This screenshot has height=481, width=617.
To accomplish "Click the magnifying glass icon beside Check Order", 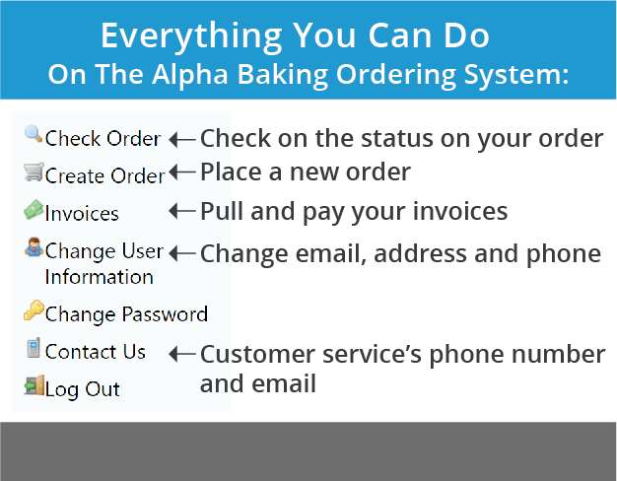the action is pyautogui.click(x=34, y=134).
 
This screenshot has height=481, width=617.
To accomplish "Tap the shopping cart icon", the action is pyautogui.click(x=34, y=172).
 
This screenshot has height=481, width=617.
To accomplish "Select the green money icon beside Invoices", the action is pyautogui.click(x=34, y=209).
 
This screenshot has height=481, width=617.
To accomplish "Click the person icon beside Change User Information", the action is pyautogui.click(x=34, y=247).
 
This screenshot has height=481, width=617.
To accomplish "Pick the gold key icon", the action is pyautogui.click(x=34, y=310).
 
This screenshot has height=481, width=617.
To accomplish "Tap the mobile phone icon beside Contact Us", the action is pyautogui.click(x=34, y=348).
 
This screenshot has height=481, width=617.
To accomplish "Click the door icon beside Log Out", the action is pyautogui.click(x=34, y=385).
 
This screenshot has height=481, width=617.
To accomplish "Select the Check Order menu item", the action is pyautogui.click(x=103, y=139).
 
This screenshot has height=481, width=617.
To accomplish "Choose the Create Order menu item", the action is pyautogui.click(x=104, y=175).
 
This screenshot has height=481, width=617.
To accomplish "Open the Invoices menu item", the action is pyautogui.click(x=82, y=214).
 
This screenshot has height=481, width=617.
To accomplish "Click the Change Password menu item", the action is pyautogui.click(x=126, y=314).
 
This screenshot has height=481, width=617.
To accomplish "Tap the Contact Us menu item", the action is pyautogui.click(x=96, y=352).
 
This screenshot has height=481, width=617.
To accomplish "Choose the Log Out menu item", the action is pyautogui.click(x=82, y=389).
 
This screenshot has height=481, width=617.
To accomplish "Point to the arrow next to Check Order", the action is pyautogui.click(x=182, y=139).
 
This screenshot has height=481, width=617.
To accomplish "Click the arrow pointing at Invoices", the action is pyautogui.click(x=182, y=211).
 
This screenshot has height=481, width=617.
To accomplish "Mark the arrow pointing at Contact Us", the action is pyautogui.click(x=182, y=354).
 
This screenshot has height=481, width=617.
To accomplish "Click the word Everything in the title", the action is pyautogui.click(x=191, y=36).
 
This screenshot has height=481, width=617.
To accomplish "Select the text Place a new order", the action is pyautogui.click(x=306, y=172).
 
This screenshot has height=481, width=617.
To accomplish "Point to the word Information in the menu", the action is pyautogui.click(x=100, y=277).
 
